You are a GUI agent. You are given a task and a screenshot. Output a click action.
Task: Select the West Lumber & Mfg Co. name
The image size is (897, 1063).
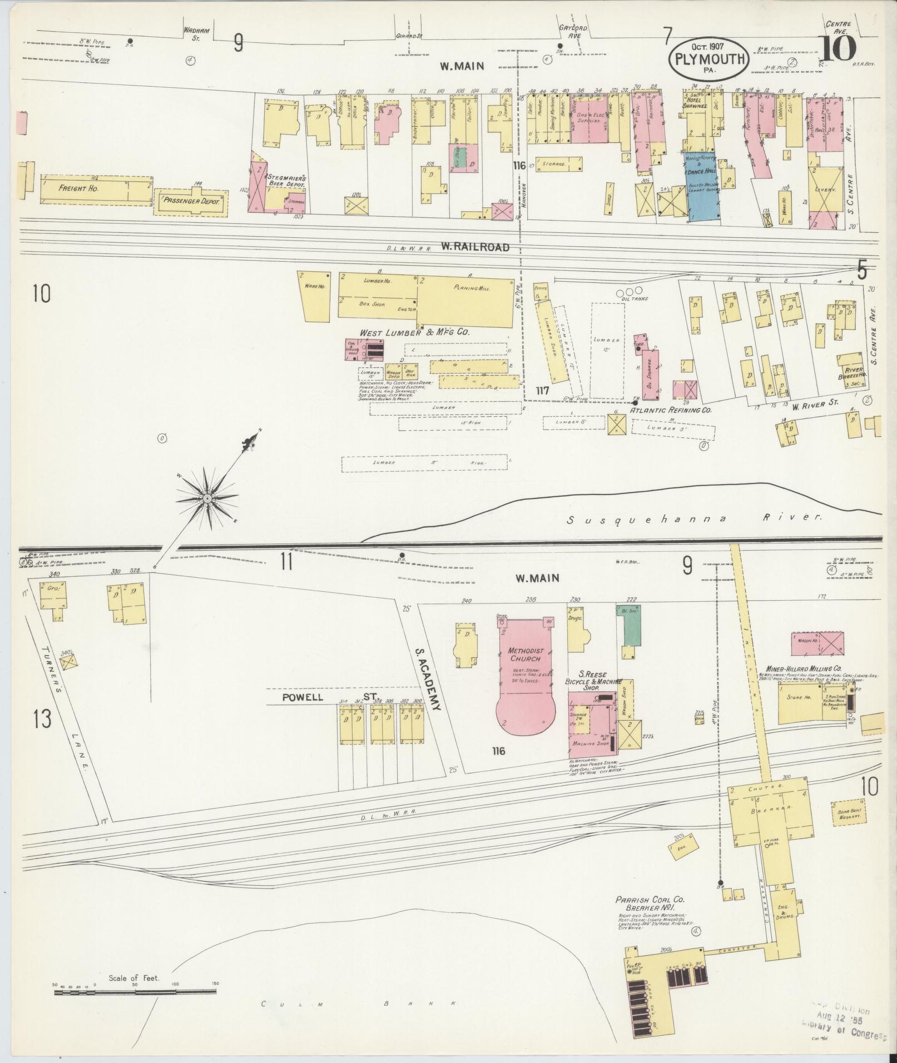[415, 332]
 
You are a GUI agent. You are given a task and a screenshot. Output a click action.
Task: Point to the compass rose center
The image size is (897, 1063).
[206, 498]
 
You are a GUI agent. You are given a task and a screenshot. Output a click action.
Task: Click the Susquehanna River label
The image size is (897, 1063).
[693, 519]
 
